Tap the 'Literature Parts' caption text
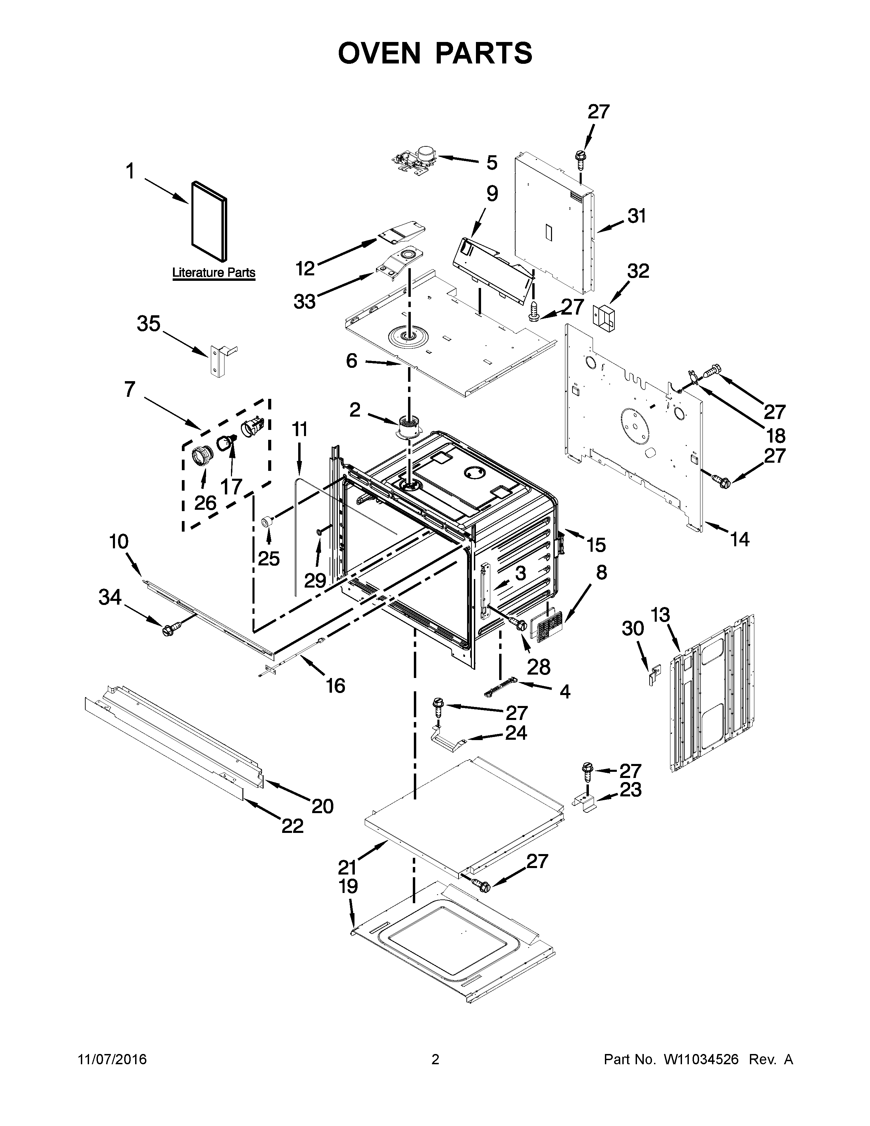[213, 272]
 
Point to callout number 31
[637, 216]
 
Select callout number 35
[148, 324]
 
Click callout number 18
[775, 436]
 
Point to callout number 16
[335, 686]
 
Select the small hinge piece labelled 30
[653, 674]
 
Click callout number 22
[292, 826]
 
